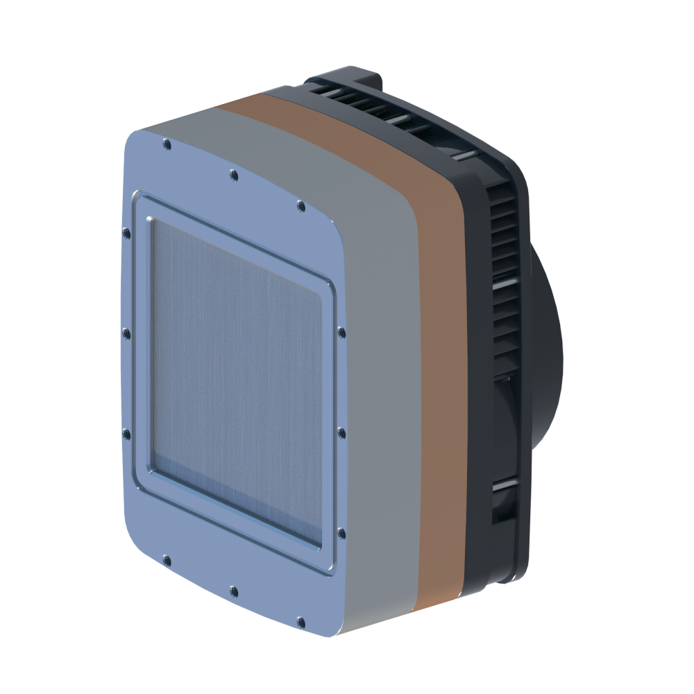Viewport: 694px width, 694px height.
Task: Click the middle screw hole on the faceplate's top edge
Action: click(233, 173)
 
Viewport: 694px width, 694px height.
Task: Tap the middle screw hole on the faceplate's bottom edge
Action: click(233, 591)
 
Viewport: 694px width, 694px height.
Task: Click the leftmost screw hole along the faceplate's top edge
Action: click(166, 144)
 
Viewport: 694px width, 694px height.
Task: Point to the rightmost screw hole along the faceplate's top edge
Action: click(301, 205)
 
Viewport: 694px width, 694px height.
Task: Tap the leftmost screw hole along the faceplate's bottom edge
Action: click(166, 557)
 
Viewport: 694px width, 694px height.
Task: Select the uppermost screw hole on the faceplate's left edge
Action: click(126, 232)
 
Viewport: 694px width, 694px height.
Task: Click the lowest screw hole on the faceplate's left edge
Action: click(126, 434)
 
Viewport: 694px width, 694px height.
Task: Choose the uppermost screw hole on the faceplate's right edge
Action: click(341, 332)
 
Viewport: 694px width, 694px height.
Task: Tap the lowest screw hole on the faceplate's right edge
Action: click(341, 533)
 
